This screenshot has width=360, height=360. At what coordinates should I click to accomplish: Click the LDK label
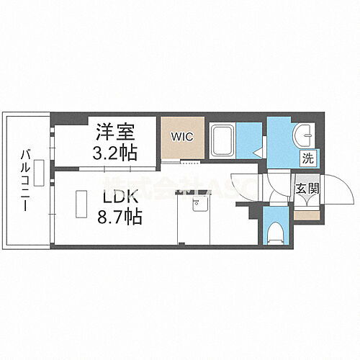[x=112, y=197]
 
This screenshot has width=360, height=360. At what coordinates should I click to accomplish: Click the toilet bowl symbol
[x=275, y=232]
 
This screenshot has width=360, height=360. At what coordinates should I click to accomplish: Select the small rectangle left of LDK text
[x=73, y=204]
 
